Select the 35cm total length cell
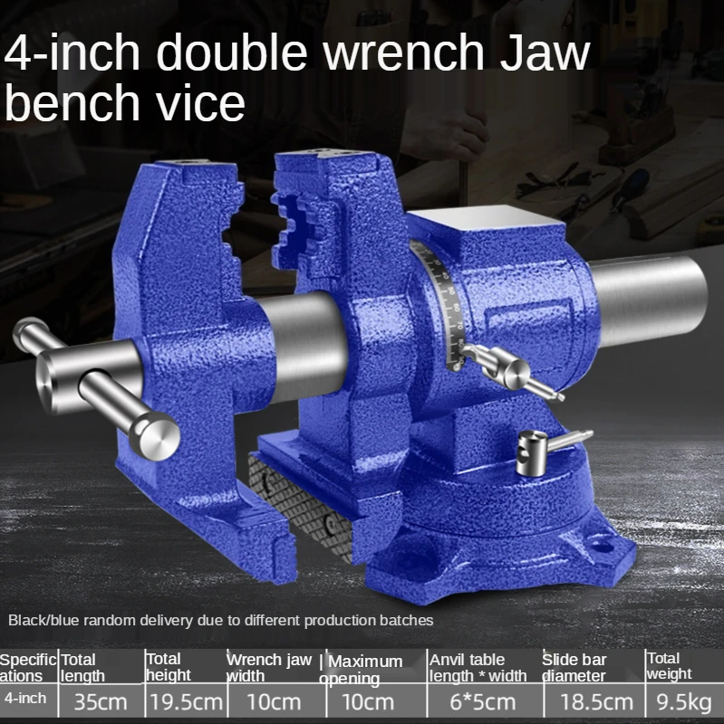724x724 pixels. (x=100, y=701)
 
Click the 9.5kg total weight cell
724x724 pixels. (x=683, y=701)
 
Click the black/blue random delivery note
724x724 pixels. (x=221, y=621)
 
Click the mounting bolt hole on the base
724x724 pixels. (x=602, y=545)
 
